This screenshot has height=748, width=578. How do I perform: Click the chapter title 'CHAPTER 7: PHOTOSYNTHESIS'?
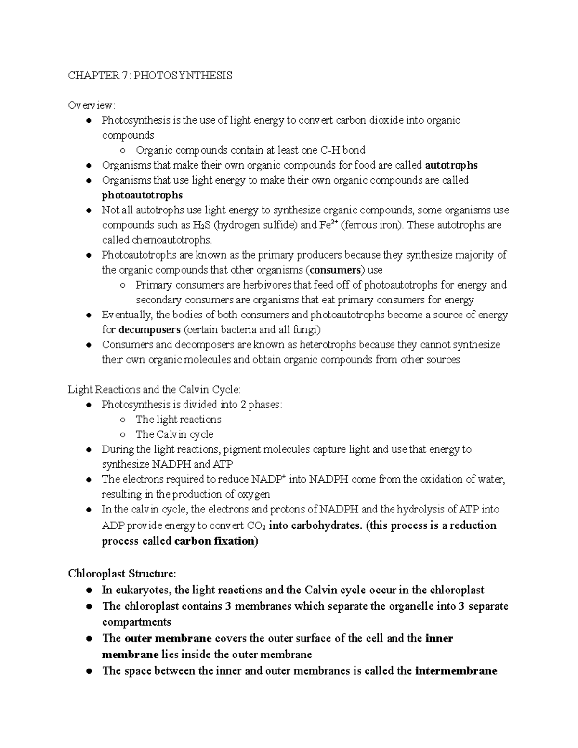tap(150, 75)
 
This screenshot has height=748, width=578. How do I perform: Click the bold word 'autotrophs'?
tap(451, 165)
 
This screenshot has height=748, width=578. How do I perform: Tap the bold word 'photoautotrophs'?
tap(142, 195)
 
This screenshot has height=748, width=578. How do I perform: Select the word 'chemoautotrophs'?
tap(171, 240)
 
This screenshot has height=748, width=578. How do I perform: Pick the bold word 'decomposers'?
tap(149, 330)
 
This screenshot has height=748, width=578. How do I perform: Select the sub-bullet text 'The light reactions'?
tap(178, 420)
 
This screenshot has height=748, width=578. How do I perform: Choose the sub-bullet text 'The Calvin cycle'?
tap(174, 434)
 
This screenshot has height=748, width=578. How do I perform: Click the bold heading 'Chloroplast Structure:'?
tap(122, 574)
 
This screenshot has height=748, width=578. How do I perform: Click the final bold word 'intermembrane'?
tap(456, 671)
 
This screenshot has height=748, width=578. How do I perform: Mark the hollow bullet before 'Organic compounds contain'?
tap(123, 151)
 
